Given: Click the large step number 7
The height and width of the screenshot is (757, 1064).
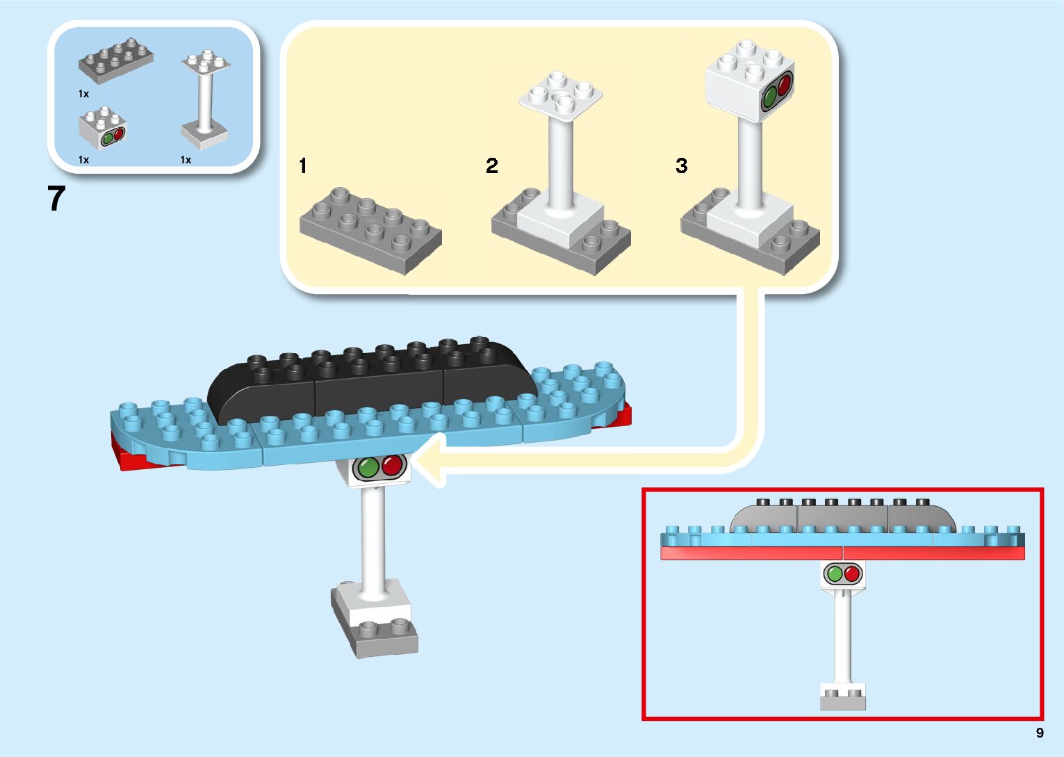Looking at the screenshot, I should [56, 199].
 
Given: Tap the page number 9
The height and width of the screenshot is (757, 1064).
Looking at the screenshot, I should [1040, 733].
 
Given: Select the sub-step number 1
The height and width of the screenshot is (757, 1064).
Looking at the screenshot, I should [302, 165].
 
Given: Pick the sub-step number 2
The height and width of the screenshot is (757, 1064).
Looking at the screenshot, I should [492, 165].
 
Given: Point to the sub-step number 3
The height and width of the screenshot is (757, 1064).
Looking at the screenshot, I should [681, 165].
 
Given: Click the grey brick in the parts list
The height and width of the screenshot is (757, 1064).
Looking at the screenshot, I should [115, 61].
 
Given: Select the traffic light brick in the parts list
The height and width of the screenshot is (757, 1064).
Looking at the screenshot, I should [103, 129].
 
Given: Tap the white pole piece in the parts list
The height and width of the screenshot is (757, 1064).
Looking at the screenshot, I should [204, 101].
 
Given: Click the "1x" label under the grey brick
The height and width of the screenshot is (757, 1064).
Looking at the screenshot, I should [83, 94].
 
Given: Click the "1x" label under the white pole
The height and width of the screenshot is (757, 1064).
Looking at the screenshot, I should [186, 160].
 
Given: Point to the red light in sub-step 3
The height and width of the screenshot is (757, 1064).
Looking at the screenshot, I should [785, 85].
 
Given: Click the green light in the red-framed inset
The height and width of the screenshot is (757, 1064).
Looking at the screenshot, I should [834, 574].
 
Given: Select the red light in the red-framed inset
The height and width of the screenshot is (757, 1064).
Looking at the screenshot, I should [852, 574].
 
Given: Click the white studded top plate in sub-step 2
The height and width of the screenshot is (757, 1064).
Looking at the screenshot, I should [560, 94].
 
